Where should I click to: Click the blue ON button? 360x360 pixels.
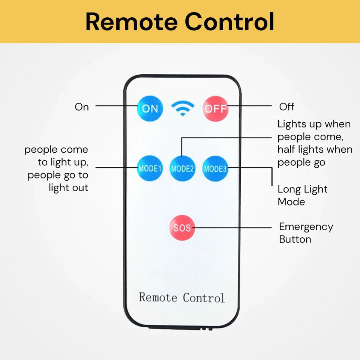click(x=150, y=109)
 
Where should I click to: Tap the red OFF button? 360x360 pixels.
click(x=215, y=109)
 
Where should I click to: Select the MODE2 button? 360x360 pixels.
click(x=182, y=169)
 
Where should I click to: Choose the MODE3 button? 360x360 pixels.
click(x=215, y=169)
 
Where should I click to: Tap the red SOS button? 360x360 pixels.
click(x=182, y=228)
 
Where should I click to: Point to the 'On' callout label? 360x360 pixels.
click(x=82, y=107)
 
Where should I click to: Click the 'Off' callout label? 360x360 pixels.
click(x=286, y=107)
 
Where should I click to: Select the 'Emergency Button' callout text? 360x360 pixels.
click(x=306, y=233)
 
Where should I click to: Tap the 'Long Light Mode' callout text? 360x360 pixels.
click(x=302, y=195)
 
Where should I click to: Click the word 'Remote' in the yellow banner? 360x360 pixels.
click(x=131, y=22)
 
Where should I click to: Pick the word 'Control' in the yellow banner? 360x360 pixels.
click(x=229, y=22)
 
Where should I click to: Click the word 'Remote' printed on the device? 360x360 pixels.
click(x=158, y=297)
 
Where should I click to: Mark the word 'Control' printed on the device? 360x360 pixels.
click(x=204, y=298)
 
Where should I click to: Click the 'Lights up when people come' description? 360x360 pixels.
click(x=314, y=143)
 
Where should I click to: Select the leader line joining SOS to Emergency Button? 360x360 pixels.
click(x=232, y=227)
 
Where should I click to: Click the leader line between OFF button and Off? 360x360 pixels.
click(x=249, y=106)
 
